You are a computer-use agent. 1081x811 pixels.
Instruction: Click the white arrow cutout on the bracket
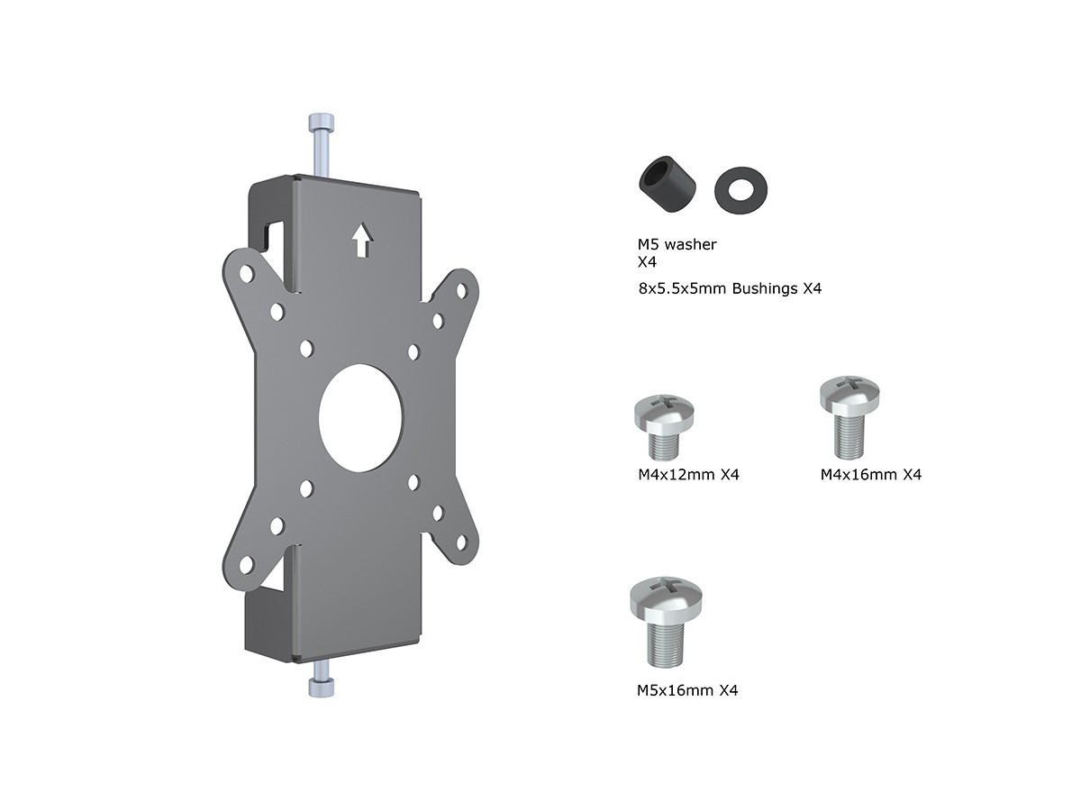(x=362, y=240)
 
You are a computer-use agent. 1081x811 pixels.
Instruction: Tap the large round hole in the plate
(x=362, y=418)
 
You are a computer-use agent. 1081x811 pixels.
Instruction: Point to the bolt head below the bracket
(x=321, y=688)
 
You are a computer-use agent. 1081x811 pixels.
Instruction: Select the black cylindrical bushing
(x=668, y=184)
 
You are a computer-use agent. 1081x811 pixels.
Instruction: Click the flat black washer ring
(x=740, y=190)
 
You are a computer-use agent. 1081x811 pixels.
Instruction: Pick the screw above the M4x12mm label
(x=664, y=426)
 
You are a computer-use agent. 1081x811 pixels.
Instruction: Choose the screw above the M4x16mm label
(x=849, y=416)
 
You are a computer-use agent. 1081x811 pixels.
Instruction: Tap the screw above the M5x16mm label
(x=666, y=622)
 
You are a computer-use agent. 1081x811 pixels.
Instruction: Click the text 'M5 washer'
(x=677, y=244)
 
